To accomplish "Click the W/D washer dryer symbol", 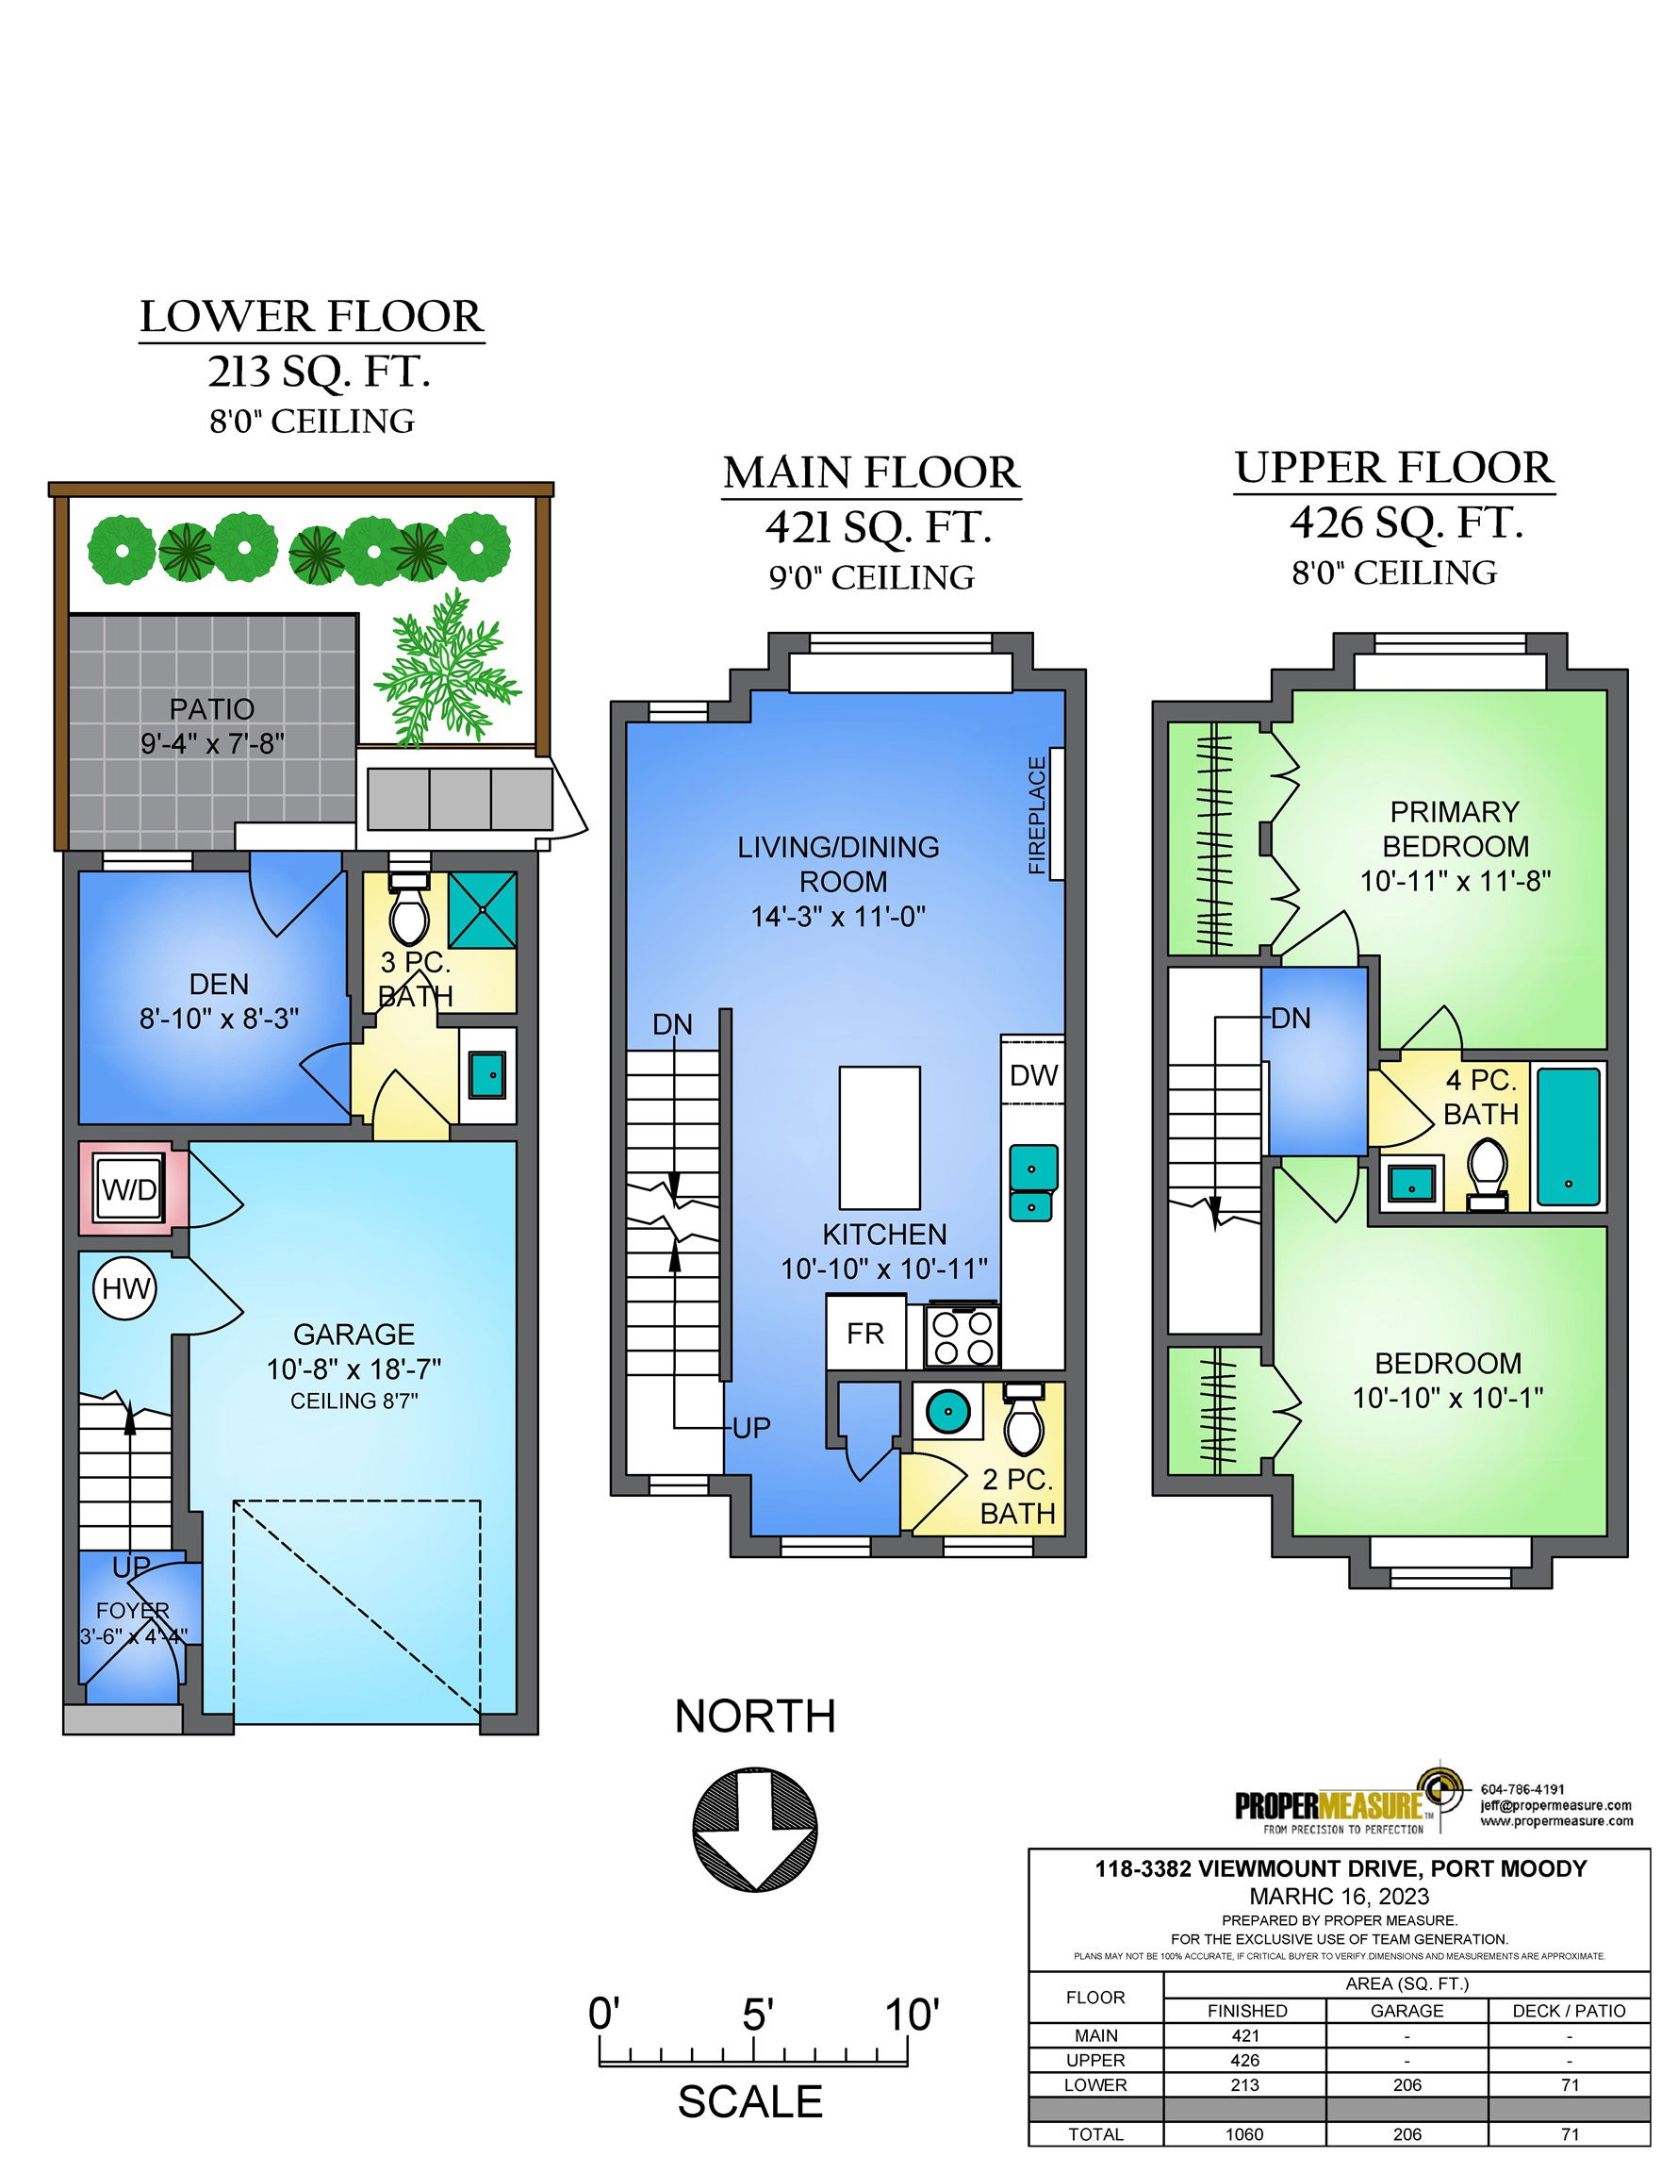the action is [129, 1189].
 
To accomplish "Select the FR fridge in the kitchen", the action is [865, 1333].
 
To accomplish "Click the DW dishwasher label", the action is [1033, 1074].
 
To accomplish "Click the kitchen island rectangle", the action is [880, 1137].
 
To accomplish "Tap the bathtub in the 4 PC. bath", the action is [1569, 1136].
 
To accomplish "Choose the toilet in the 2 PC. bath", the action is [1024, 1418].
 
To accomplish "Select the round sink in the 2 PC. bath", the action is [946, 1410].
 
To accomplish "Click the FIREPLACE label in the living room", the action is [1037, 816].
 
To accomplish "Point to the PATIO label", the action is [212, 708].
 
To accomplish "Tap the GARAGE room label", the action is [354, 1334].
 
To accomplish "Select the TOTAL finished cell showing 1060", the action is [1244, 2133].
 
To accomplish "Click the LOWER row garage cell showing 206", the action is [1407, 2084].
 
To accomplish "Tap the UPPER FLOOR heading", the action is [1393, 468].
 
